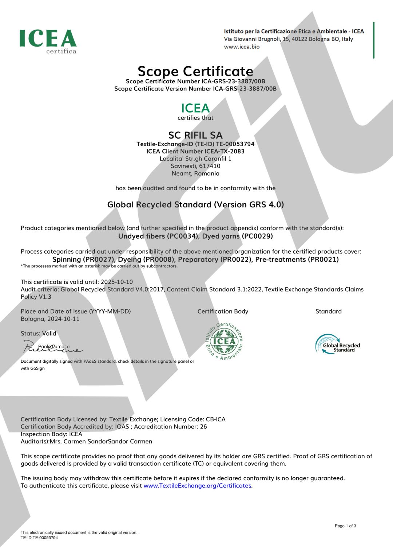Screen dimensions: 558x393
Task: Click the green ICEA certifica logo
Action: (48, 41)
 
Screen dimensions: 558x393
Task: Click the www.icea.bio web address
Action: (242, 47)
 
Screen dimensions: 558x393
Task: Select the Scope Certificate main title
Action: (195, 71)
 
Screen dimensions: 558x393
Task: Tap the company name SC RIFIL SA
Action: (195, 135)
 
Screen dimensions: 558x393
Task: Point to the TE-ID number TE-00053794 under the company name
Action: (235, 144)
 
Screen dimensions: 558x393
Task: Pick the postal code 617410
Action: (210, 166)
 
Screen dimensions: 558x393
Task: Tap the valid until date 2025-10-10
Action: (117, 282)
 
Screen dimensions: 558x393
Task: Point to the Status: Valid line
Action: (39, 334)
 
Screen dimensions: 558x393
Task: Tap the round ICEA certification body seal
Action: (224, 341)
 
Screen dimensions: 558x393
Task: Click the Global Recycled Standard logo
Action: (337, 344)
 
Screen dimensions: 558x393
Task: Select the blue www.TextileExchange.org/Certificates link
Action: (197, 486)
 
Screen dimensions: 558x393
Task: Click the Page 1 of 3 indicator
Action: (345, 526)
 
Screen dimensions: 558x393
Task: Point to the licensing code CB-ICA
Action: (215, 419)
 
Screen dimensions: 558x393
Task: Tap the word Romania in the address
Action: (207, 174)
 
